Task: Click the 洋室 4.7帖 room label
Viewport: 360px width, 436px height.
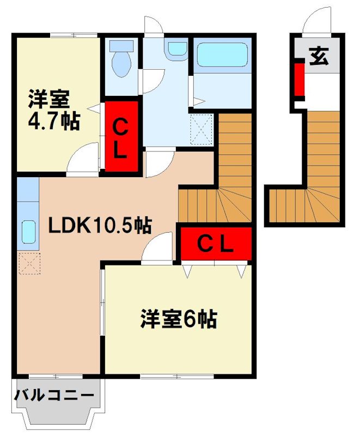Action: tap(54, 111)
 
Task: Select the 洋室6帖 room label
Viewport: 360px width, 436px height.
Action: tap(179, 319)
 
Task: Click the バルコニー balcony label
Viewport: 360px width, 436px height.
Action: tap(54, 395)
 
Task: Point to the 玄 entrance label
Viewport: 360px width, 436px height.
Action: tap(319, 57)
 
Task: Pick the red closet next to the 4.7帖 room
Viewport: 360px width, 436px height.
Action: tap(121, 137)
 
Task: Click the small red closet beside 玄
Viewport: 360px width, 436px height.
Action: tap(299, 80)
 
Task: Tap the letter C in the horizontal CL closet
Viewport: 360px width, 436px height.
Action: tap(203, 244)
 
